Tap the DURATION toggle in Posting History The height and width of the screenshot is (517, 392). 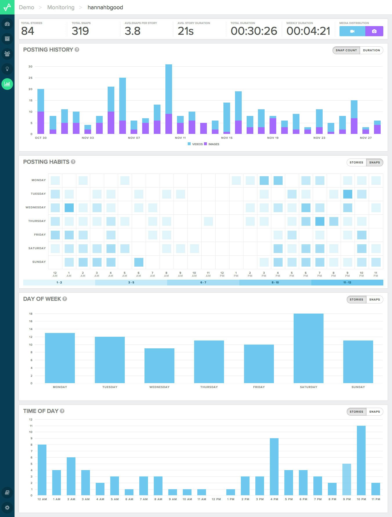(x=371, y=50)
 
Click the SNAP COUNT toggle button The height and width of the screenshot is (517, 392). (x=346, y=50)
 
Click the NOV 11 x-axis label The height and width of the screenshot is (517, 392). (x=180, y=138)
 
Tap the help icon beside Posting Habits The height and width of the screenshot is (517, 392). (x=73, y=162)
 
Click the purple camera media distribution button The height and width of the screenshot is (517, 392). (x=374, y=31)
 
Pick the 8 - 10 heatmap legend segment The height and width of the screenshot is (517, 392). (x=275, y=283)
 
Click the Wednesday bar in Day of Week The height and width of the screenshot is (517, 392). (x=159, y=366)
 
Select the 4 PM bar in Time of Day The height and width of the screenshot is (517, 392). (x=274, y=467)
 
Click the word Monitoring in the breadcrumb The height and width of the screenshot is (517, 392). (x=61, y=7)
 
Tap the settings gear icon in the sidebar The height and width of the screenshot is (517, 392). (x=7, y=507)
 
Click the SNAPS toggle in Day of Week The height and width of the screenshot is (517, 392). (x=375, y=300)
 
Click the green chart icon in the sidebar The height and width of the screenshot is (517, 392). (x=7, y=84)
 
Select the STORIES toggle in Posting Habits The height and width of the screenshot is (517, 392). (x=356, y=163)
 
